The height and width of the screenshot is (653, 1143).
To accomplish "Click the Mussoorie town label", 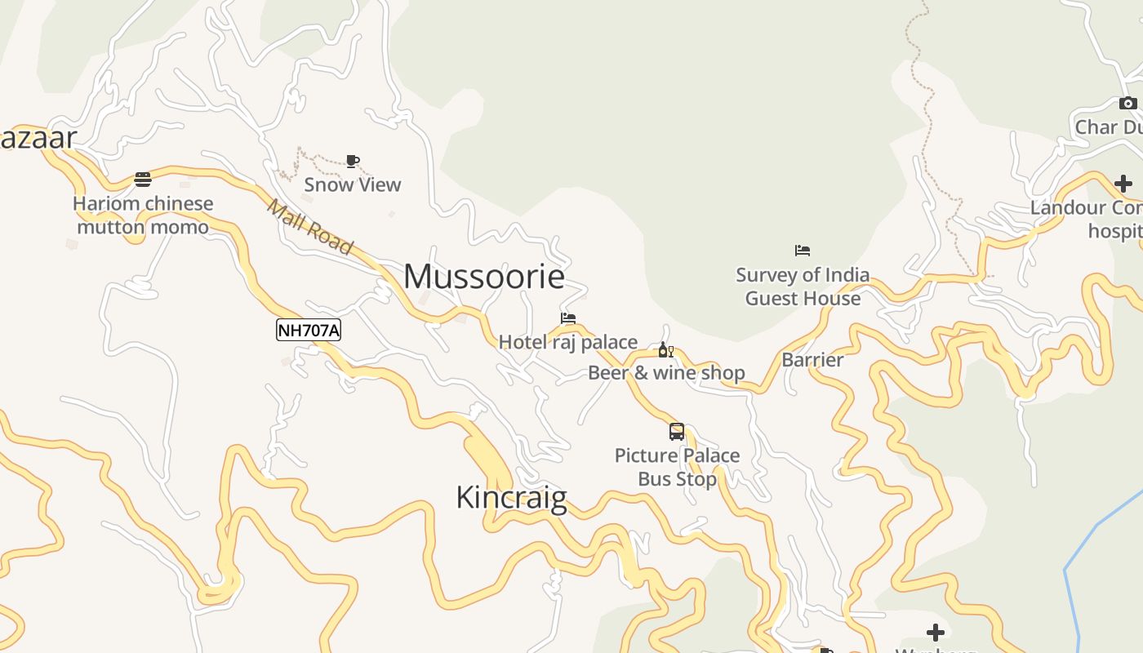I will click(484, 277).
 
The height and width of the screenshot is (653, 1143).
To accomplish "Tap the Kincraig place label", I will click(511, 497).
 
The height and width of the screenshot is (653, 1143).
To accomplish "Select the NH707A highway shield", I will click(309, 330).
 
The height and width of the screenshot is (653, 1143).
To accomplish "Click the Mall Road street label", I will click(310, 227).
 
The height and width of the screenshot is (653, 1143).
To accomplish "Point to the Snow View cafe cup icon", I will click(353, 161).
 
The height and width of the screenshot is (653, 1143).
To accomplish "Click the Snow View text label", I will click(353, 184).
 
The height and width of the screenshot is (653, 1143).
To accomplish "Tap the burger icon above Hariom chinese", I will click(143, 180).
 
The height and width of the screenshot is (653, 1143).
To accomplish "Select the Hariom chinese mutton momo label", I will click(143, 215).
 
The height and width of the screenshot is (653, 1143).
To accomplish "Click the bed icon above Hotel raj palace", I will click(568, 318).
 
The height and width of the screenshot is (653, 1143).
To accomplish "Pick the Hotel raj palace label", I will click(568, 342).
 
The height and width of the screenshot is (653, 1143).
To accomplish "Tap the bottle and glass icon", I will click(666, 350).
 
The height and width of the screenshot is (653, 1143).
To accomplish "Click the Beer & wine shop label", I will click(666, 373).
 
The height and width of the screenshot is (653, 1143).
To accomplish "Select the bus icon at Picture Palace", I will click(677, 432).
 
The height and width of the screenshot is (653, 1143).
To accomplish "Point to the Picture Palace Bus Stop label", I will click(677, 467).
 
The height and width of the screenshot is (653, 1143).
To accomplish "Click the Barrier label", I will click(812, 360).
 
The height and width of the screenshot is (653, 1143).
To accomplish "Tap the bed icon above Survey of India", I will click(803, 251).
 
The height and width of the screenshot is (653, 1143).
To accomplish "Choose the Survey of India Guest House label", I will click(803, 287).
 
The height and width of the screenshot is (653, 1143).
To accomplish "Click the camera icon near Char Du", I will click(1128, 103).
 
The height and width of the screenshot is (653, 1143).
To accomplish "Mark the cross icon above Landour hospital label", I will click(1123, 184).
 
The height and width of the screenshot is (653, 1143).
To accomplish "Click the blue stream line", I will click(1094, 531).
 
